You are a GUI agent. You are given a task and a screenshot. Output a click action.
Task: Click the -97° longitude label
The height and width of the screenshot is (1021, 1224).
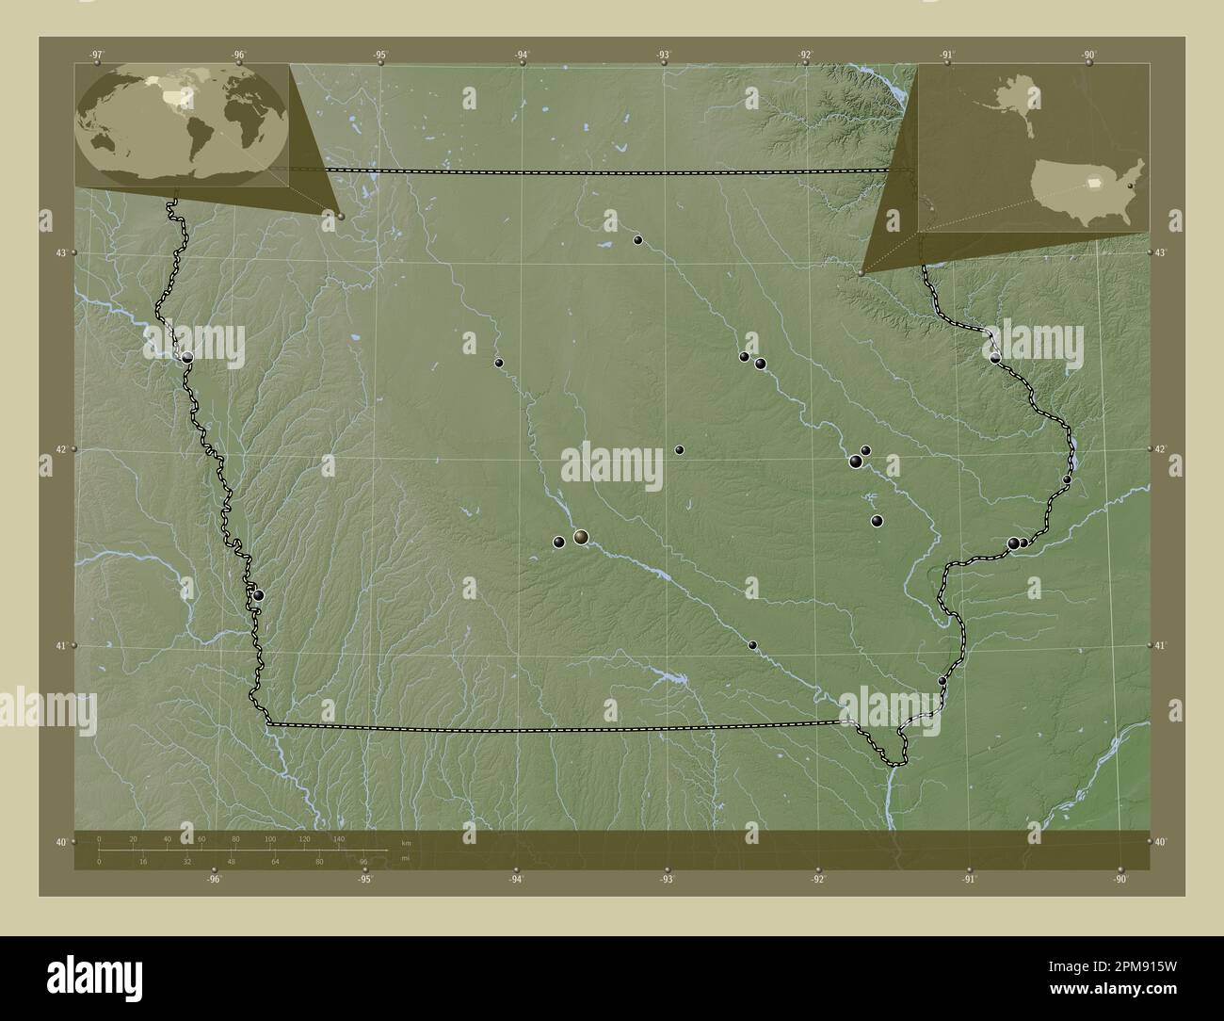[97, 55]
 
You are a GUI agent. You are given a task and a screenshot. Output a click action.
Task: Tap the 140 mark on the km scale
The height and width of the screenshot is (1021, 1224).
[338, 838]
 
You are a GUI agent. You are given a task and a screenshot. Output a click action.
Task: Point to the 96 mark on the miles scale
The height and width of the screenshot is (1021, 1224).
[363, 862]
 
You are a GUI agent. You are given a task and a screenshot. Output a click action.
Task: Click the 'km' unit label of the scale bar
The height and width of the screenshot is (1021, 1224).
[406, 843]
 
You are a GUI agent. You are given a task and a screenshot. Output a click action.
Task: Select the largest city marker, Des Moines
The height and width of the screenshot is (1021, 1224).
[581, 537]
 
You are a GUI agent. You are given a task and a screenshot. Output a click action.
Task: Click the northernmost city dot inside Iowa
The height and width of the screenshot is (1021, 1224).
[637, 240]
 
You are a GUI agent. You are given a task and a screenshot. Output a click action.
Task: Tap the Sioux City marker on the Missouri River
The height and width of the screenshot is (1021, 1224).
[187, 357]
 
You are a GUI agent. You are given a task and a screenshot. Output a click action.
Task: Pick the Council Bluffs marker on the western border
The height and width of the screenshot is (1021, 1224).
[258, 595]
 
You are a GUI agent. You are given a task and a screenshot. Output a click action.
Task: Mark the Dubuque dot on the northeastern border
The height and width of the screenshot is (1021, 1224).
[995, 358]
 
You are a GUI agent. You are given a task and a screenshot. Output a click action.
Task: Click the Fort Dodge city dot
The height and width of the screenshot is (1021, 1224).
[499, 363]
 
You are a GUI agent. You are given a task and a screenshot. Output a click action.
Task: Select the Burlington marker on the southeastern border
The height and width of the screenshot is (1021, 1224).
[942, 681]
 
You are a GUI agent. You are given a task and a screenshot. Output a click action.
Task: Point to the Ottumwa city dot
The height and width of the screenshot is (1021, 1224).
[752, 645]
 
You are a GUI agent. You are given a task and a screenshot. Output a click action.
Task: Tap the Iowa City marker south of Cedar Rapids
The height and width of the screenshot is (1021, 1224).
[877, 521]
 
